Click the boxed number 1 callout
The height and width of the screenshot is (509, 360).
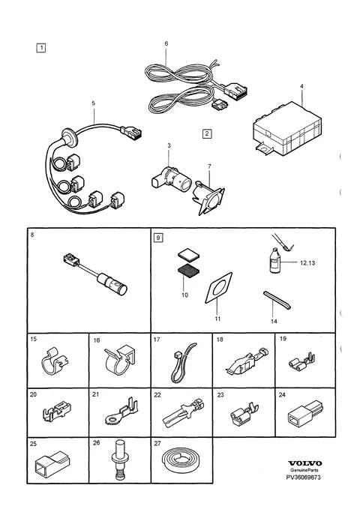pos(41,48)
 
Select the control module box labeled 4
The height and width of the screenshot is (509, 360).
pos(287,128)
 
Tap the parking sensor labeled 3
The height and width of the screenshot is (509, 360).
pos(172,179)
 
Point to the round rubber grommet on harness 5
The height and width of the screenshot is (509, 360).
pos(69,136)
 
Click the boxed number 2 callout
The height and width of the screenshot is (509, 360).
pos(207,133)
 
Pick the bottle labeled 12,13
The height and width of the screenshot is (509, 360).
pos(274,260)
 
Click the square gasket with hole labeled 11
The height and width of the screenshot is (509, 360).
pos(218,288)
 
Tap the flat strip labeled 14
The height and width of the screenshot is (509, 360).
pos(277,300)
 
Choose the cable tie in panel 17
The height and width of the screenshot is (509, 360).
pos(182,363)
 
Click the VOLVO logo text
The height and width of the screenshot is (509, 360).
pos(304,463)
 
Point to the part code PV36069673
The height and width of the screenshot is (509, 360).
pos(304,478)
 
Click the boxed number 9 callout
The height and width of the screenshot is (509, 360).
pos(158,238)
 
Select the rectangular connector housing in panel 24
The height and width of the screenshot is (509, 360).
pos(305,415)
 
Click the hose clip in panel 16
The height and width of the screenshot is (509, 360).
pos(120,360)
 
